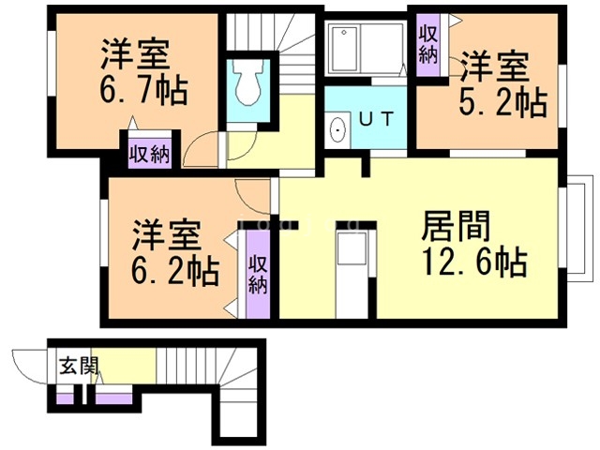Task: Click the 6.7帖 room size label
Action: click(x=142, y=91)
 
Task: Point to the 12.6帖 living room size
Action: click(x=473, y=262)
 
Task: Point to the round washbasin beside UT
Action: click(x=337, y=130)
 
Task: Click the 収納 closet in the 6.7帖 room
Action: click(x=148, y=153)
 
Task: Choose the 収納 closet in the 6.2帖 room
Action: click(x=258, y=273)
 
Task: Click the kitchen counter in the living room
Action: click(x=354, y=272)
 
